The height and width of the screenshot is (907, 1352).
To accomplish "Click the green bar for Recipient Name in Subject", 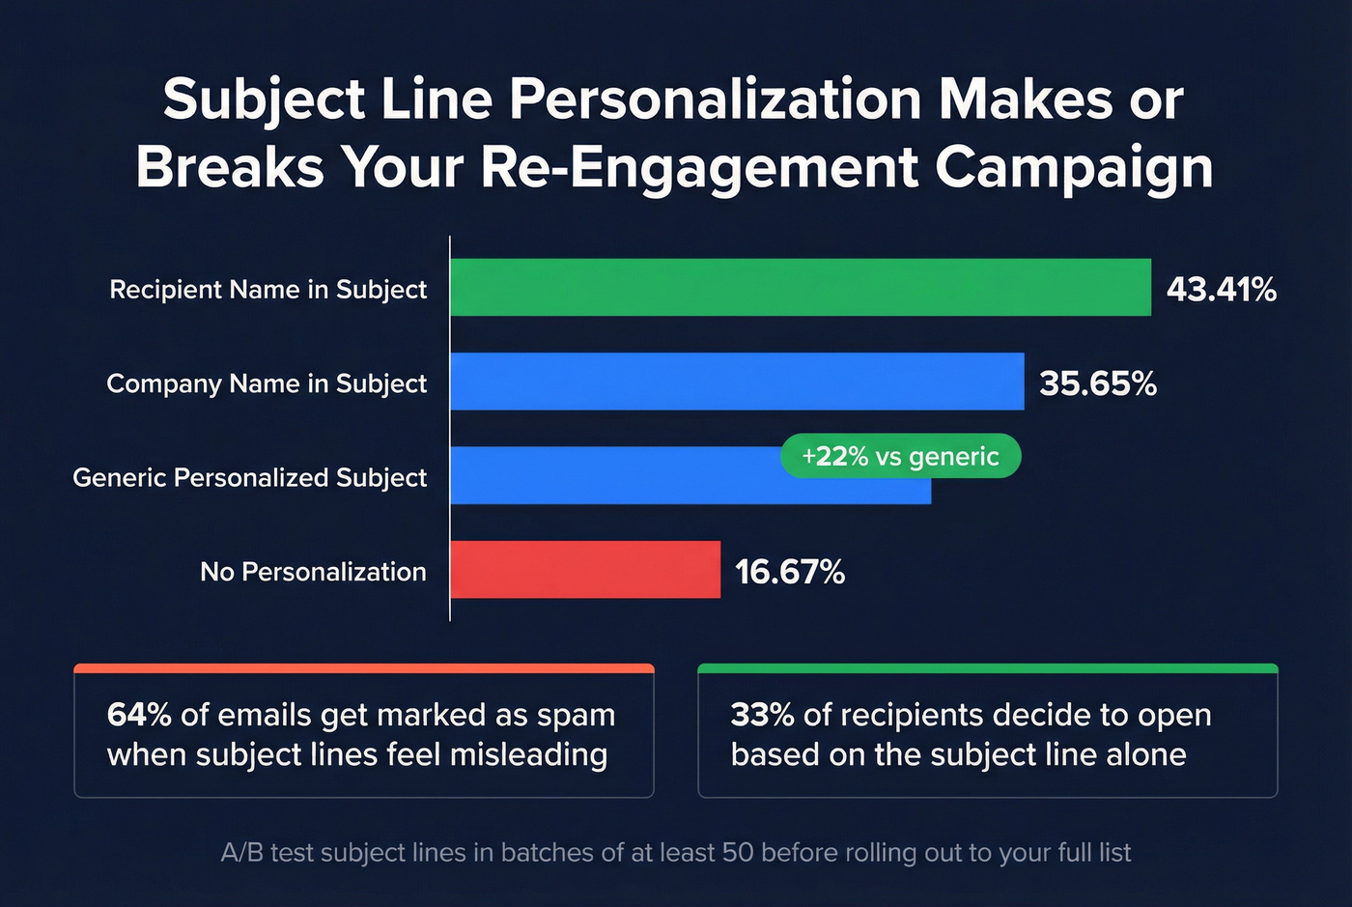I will tap(800, 288).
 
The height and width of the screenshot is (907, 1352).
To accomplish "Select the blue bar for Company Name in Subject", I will tap(736, 382).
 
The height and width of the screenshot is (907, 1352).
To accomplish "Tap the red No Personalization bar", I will tap(584, 570).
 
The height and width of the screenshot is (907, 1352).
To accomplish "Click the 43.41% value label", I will tap(1221, 289).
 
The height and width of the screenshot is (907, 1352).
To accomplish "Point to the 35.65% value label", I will tap(1097, 383).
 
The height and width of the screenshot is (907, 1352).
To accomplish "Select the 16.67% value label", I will tap(789, 572).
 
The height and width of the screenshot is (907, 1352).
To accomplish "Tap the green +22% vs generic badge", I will tap(900, 456).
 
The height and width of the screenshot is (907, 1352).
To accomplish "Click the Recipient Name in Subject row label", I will tap(268, 290).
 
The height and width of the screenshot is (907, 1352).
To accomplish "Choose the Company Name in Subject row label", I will tap(267, 383).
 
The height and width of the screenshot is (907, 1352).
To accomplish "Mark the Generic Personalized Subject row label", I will tap(249, 477).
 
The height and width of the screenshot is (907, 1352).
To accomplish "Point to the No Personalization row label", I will tap(313, 572).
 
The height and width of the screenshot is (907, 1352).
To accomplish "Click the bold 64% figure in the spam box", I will tap(139, 715).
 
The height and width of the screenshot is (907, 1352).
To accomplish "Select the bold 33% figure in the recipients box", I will tap(762, 715).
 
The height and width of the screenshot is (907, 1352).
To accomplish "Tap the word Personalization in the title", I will tap(716, 99).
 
